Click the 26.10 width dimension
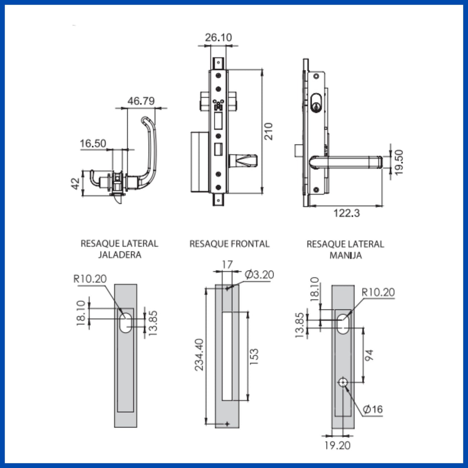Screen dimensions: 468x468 pyautogui.click(x=218, y=38)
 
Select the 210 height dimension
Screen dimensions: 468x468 pyautogui.click(x=268, y=131)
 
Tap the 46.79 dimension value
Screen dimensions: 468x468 pyautogui.click(x=141, y=101)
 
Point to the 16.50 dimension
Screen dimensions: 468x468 pyautogui.click(x=93, y=143)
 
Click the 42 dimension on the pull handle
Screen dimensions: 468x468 pyautogui.click(x=75, y=184)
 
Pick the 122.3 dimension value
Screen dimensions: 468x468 pyautogui.click(x=346, y=213)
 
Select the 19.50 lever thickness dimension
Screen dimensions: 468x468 pyautogui.click(x=399, y=162)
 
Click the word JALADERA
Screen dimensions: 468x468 pyautogui.click(x=120, y=255)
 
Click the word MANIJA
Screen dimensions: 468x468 pyautogui.click(x=345, y=255)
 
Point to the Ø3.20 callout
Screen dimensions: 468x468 pyautogui.click(x=259, y=274)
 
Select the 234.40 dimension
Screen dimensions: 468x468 pyautogui.click(x=199, y=354)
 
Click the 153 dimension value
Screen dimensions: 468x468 pyautogui.click(x=254, y=357)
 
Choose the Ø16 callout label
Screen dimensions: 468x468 pyautogui.click(x=373, y=409)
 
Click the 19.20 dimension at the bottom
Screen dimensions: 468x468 pyautogui.click(x=337, y=445)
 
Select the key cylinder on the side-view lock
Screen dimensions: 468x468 pyautogui.click(x=316, y=102)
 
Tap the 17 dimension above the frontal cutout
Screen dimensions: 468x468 pyautogui.click(x=227, y=265)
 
